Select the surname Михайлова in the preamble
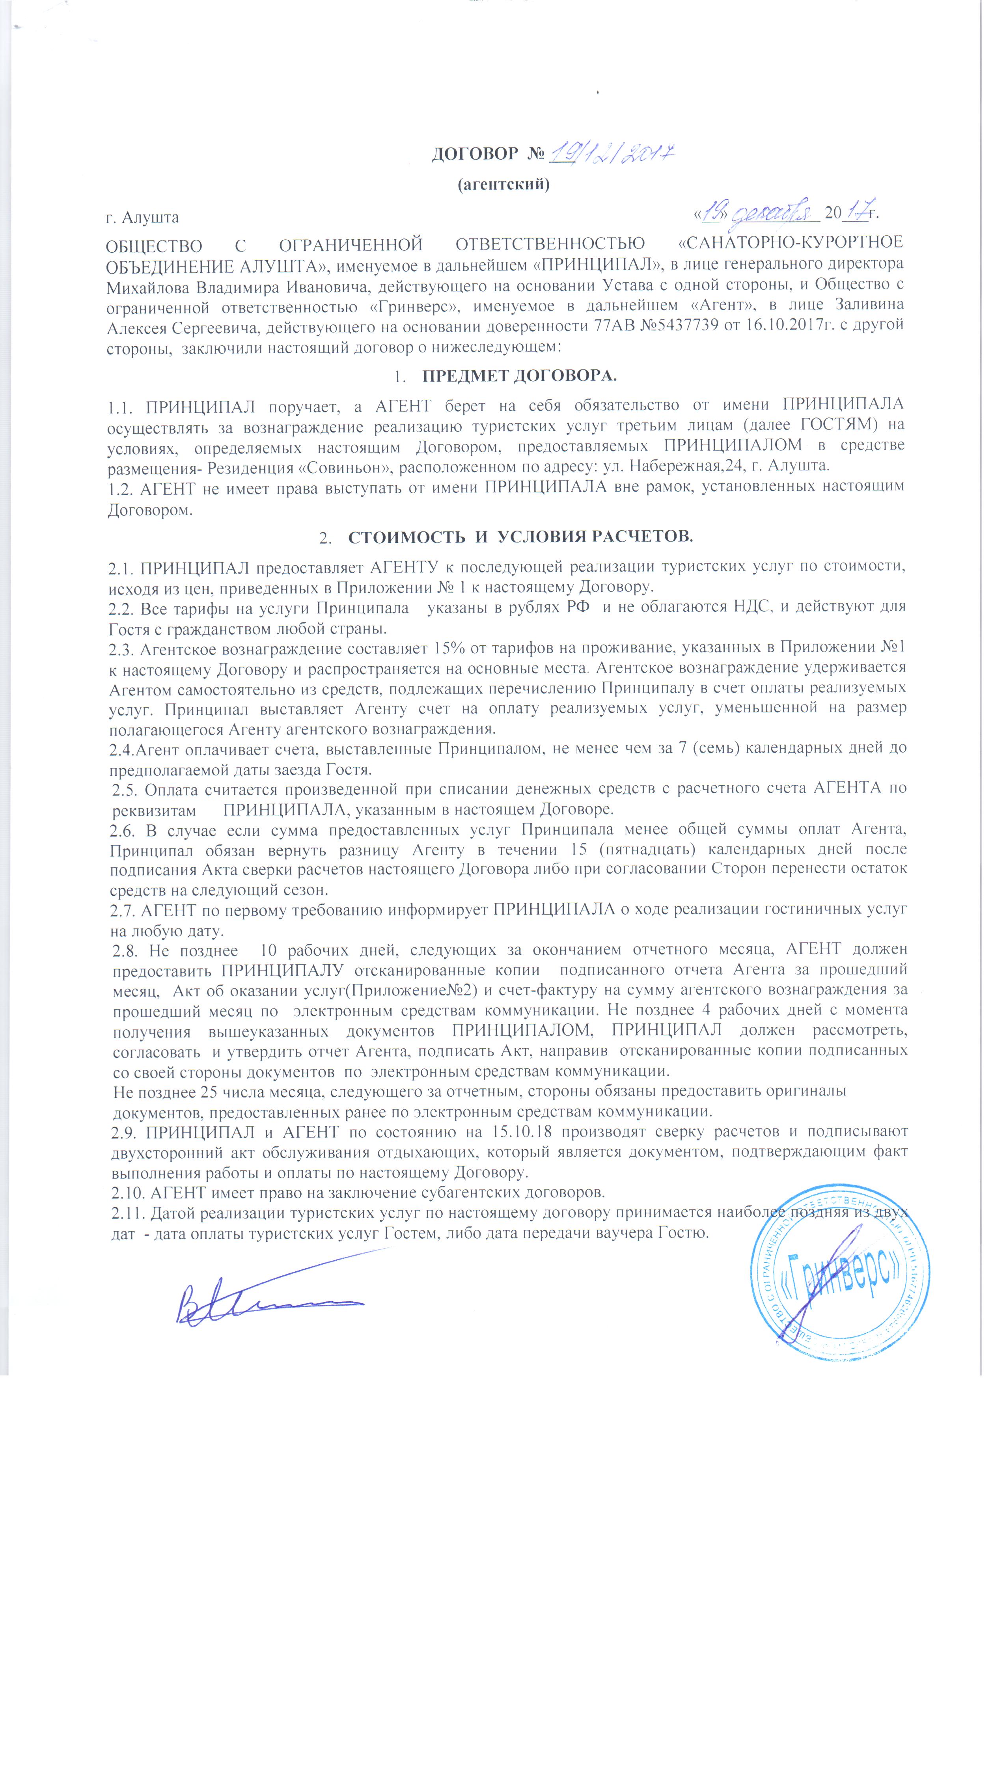click(148, 285)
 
